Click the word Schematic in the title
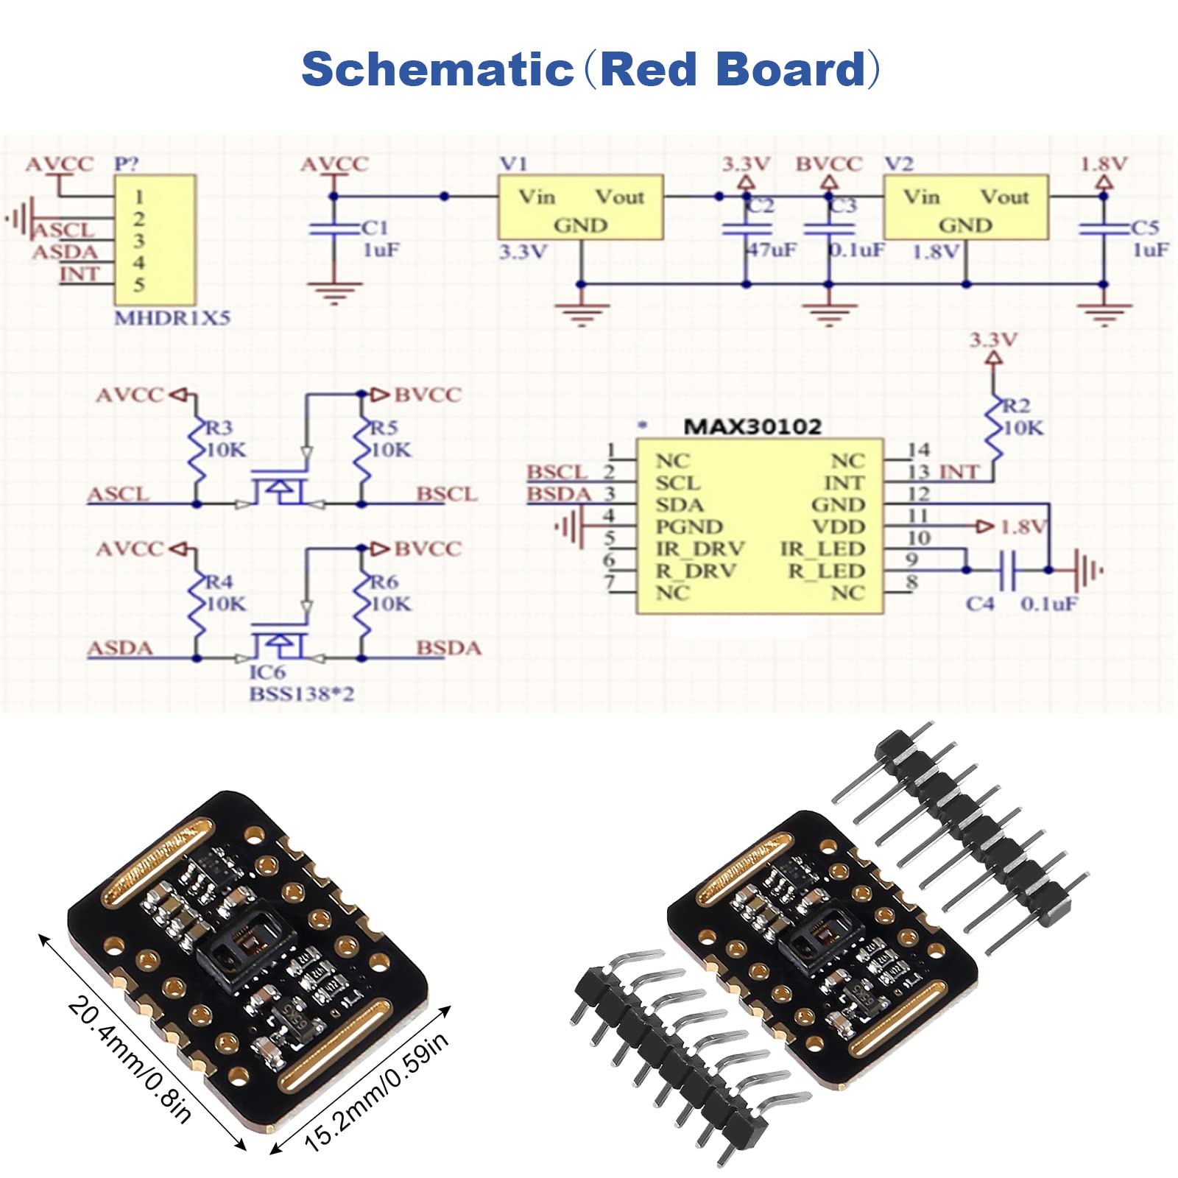click(437, 70)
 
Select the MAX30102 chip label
click(752, 427)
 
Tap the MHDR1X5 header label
click(172, 318)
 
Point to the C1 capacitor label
click(375, 228)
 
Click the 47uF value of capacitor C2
click(772, 250)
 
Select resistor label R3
click(219, 428)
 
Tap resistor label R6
click(384, 582)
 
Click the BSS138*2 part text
click(302, 694)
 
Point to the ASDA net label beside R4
click(120, 649)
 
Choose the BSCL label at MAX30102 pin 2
click(557, 472)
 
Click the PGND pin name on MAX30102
click(689, 527)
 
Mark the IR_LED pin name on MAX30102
click(822, 549)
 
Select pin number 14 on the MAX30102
click(919, 450)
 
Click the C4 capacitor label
click(980, 604)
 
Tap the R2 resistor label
click(1017, 406)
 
